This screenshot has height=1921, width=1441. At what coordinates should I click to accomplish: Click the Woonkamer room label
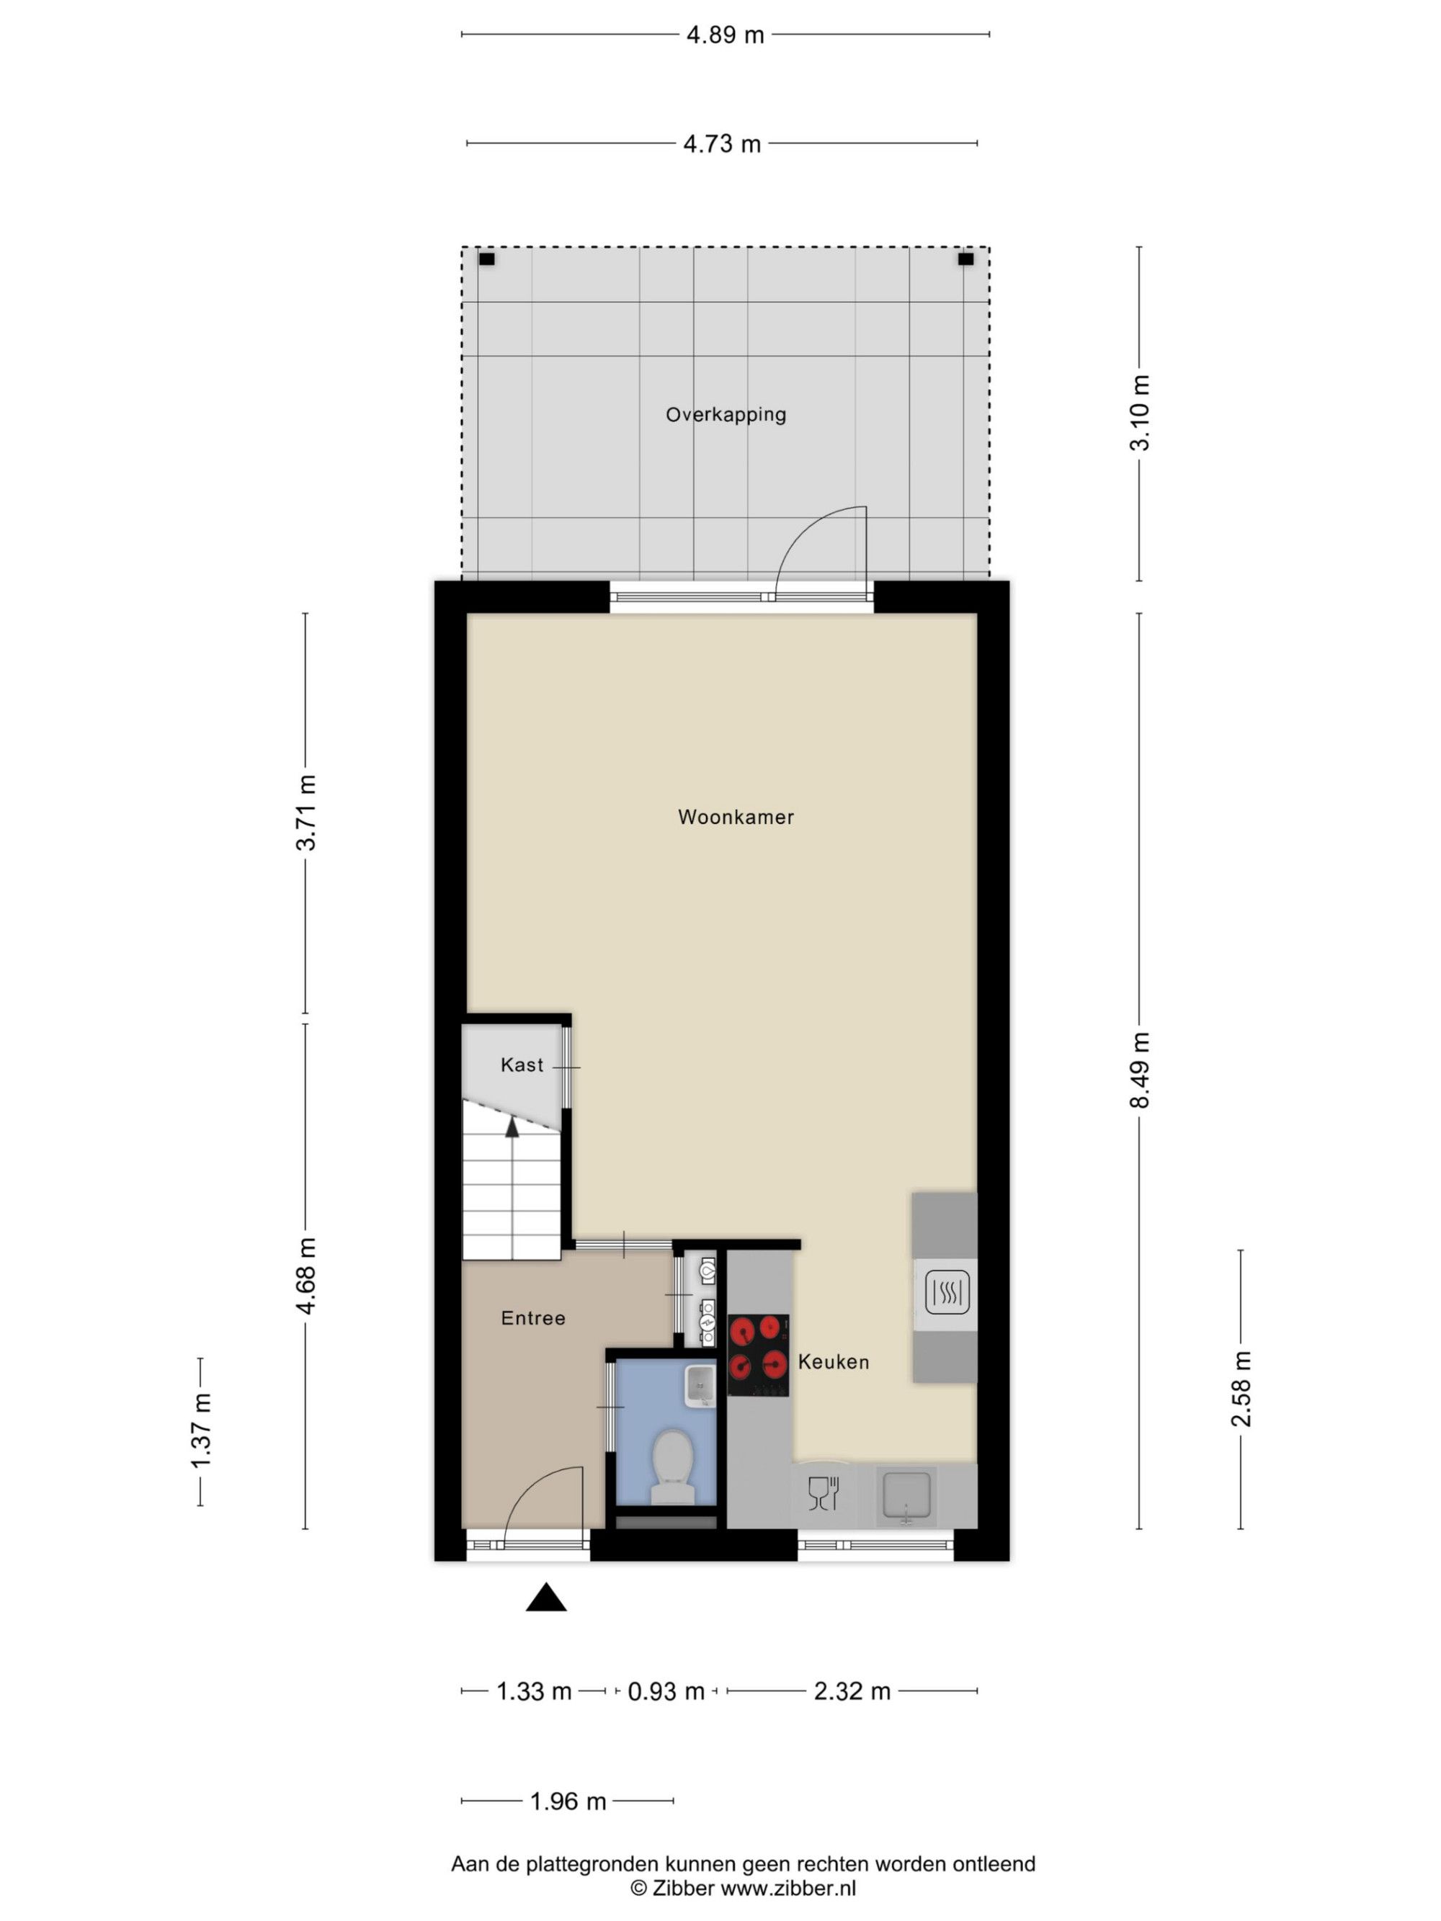pyautogui.click(x=736, y=816)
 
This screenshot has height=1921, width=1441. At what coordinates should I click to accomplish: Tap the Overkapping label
pyautogui.click(x=726, y=415)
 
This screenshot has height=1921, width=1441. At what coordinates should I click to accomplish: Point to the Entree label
pyautogui.click(x=533, y=1318)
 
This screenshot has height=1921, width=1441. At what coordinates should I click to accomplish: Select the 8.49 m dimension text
pyautogui.click(x=1140, y=1070)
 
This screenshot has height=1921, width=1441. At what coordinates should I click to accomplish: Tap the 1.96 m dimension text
pyautogui.click(x=568, y=1801)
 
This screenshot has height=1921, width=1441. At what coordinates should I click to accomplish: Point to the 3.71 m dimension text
pyautogui.click(x=305, y=812)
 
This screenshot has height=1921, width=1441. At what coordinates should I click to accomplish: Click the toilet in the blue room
pyautogui.click(x=672, y=1467)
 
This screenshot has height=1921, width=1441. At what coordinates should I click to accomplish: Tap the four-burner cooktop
pyautogui.click(x=758, y=1355)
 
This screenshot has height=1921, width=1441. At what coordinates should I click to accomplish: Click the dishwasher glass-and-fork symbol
pyautogui.click(x=824, y=1494)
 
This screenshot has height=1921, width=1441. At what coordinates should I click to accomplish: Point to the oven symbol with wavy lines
pyautogui.click(x=947, y=1292)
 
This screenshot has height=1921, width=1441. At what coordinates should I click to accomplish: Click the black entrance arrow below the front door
pyautogui.click(x=546, y=1598)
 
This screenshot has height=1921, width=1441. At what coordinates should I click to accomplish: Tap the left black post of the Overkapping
pyautogui.click(x=486, y=259)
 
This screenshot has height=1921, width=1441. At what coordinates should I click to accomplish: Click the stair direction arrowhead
pyautogui.click(x=512, y=1127)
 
